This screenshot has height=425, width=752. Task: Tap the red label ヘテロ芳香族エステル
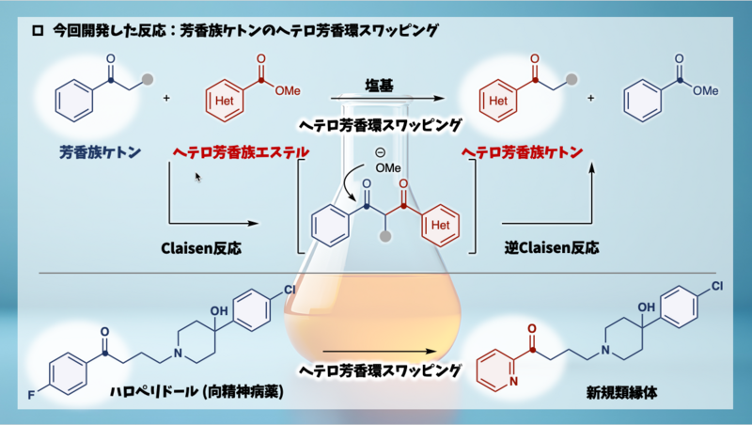pyautogui.click(x=242, y=151)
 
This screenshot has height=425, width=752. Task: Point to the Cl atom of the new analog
pyautogui.click(x=716, y=285)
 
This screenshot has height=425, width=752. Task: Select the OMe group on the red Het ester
pyautogui.click(x=288, y=90)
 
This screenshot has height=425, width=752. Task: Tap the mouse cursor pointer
pyautogui.click(x=197, y=176)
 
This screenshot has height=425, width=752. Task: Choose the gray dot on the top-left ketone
pyautogui.click(x=146, y=78)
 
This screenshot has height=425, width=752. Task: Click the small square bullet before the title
pyautogui.click(x=38, y=30)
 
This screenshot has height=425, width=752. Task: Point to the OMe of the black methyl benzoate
pyautogui.click(x=705, y=90)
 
